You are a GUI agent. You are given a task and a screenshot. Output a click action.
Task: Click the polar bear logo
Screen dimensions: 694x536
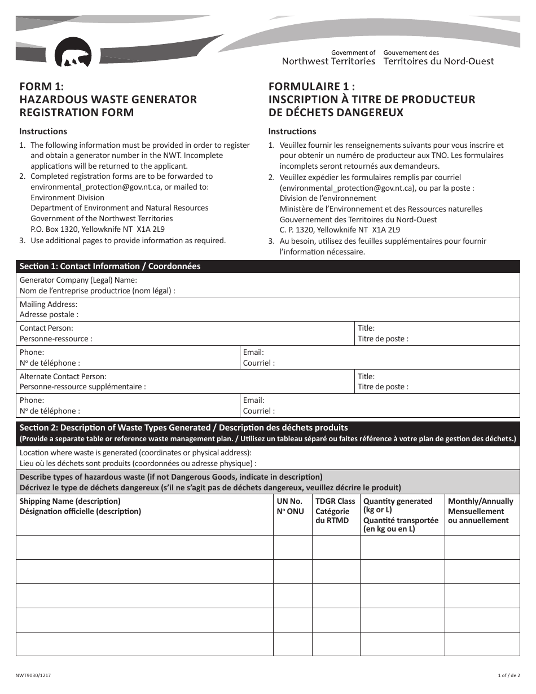(73, 53)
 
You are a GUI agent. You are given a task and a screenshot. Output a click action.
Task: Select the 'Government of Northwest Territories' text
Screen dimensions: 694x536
(328, 57)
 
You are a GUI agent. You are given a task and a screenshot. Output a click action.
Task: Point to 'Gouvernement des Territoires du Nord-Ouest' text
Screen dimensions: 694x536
(438, 57)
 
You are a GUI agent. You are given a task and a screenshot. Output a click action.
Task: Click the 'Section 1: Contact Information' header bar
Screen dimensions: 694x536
(110, 266)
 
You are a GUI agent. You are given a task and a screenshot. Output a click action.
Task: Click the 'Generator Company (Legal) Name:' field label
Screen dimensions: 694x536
(78, 280)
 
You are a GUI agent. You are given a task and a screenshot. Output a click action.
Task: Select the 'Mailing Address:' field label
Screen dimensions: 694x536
(49, 304)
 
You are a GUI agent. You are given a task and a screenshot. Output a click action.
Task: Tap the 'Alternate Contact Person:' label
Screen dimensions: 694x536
(63, 376)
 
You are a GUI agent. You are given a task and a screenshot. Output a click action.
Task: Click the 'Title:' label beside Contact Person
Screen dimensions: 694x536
(366, 328)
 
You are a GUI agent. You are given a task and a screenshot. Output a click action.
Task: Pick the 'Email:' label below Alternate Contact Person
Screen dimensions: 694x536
(253, 401)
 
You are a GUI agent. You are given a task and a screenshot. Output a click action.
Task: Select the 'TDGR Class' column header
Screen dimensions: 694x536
(335, 501)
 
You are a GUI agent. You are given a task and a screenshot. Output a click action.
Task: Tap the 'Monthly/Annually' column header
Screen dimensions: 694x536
(480, 501)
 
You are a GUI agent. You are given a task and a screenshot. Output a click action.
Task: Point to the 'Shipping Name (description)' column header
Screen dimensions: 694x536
(70, 501)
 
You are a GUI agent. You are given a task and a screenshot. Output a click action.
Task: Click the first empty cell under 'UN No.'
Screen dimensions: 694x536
(293, 547)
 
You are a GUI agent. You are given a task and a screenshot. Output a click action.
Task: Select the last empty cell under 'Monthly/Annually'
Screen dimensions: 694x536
(482, 644)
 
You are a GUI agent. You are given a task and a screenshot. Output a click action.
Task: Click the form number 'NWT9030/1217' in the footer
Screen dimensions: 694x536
(36, 675)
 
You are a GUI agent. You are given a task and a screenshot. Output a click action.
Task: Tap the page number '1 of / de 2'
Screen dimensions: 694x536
(509, 675)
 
